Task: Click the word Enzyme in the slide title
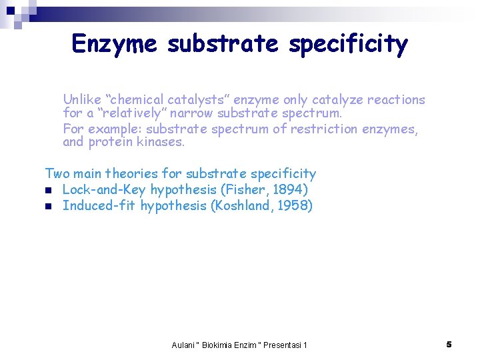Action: pos(115,44)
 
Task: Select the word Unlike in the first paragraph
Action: pos(81,100)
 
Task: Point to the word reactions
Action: pos(393,100)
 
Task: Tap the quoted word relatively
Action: pos(130,114)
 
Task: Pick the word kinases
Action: pos(162,142)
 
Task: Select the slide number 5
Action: pos(449,344)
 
